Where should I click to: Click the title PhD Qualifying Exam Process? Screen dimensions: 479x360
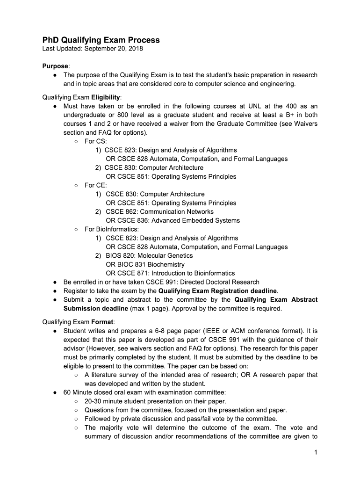tap(101, 40)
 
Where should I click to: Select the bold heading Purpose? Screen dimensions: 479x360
tap(55, 66)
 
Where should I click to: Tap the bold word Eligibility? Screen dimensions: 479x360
tap(106, 97)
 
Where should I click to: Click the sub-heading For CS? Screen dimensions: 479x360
tap(96, 141)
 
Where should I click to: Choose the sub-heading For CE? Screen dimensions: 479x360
tap(96, 185)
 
